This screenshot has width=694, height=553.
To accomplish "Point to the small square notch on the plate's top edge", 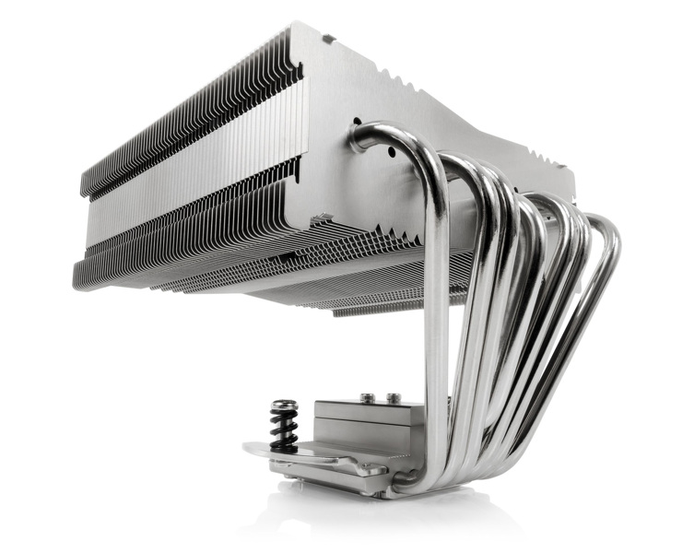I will (x=328, y=39).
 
